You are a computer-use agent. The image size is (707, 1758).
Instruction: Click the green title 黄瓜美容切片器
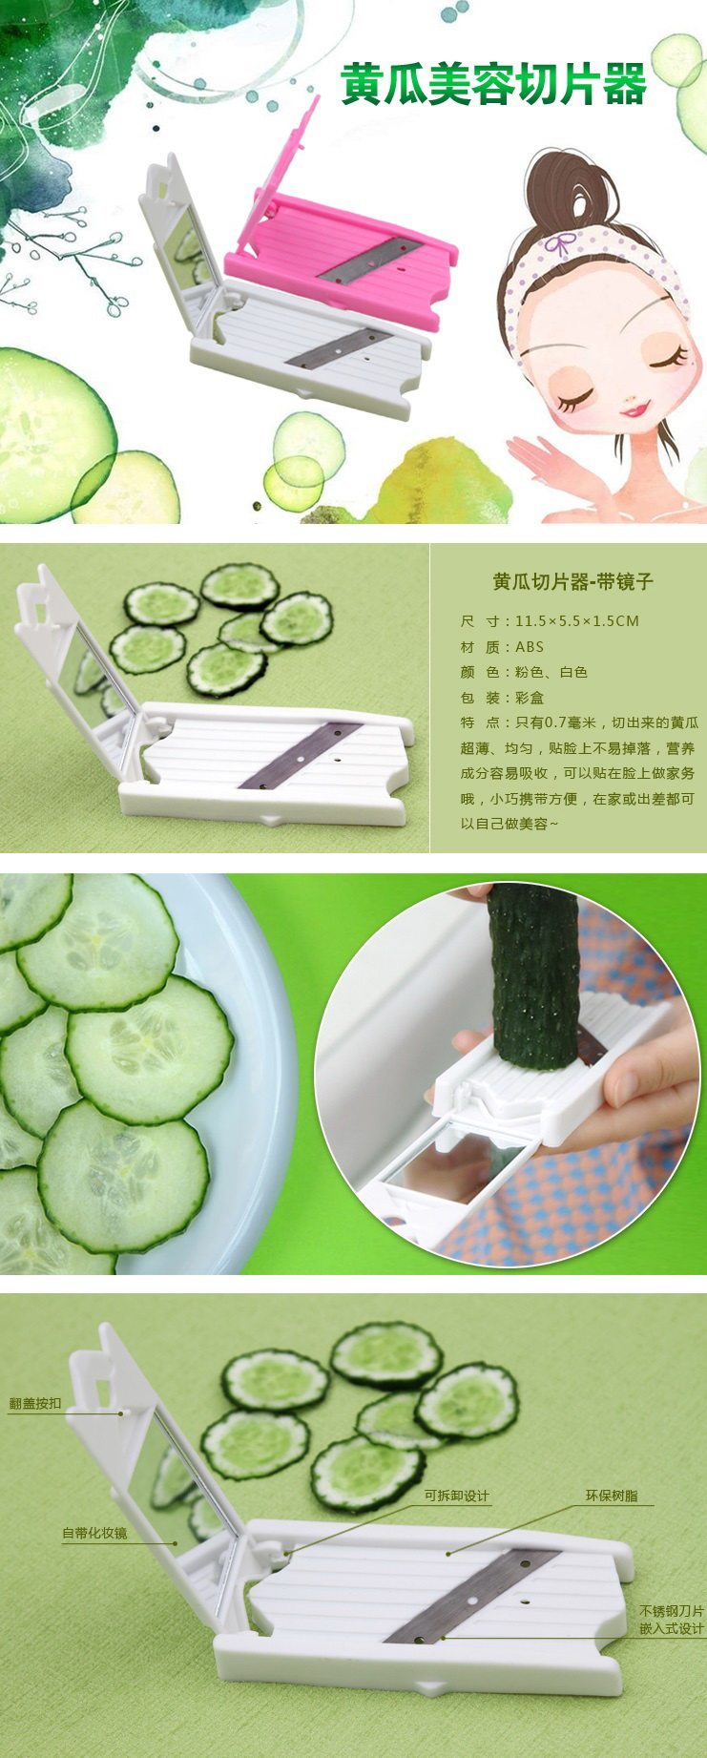(x=494, y=84)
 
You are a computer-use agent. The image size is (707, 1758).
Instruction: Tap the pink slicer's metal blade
(x=368, y=260)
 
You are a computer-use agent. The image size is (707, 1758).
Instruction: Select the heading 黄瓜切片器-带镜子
(x=572, y=581)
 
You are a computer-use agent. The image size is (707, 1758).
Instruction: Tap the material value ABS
(x=530, y=646)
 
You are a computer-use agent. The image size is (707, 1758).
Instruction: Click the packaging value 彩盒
(x=530, y=698)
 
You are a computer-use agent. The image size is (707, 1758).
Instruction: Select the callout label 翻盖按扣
(x=35, y=1403)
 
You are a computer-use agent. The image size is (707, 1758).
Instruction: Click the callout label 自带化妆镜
(x=94, y=1533)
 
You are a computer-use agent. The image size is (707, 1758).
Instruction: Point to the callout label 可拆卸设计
(x=457, y=1496)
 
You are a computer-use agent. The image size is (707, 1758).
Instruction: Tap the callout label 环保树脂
(x=612, y=1496)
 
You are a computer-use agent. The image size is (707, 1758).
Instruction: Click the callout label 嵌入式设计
(x=672, y=1628)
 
